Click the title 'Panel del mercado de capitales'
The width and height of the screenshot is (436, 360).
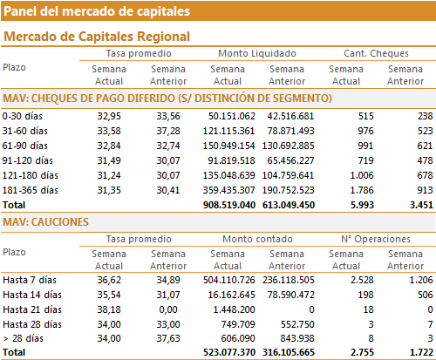click(x=97, y=11)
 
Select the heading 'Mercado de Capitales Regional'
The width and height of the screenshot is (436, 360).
click(x=97, y=37)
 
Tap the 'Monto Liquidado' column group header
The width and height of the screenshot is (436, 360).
click(x=257, y=53)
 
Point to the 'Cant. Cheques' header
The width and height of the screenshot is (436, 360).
click(x=376, y=53)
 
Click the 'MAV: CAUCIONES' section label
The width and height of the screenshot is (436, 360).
click(x=45, y=222)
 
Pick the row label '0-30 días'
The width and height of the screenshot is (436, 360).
click(x=23, y=116)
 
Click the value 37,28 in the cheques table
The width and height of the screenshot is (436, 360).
click(x=168, y=131)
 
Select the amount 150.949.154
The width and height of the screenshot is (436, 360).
click(x=229, y=146)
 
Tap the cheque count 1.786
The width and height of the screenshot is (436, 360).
click(x=362, y=190)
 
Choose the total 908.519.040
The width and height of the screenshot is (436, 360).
click(x=229, y=205)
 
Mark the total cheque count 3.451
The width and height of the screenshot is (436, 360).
click(x=421, y=205)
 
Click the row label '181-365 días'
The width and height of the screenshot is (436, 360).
click(x=31, y=190)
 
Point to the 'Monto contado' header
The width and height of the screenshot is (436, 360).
click(x=257, y=239)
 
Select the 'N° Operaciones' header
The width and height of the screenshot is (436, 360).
click(x=376, y=239)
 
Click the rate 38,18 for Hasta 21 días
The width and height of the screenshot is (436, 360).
click(x=109, y=309)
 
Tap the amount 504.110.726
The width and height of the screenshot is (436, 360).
click(x=229, y=280)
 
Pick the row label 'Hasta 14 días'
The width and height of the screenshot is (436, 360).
click(x=32, y=295)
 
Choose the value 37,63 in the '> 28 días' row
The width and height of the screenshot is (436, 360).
click(x=168, y=338)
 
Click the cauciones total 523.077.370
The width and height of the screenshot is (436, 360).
click(x=229, y=352)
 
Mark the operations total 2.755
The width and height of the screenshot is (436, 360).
click(x=362, y=352)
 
